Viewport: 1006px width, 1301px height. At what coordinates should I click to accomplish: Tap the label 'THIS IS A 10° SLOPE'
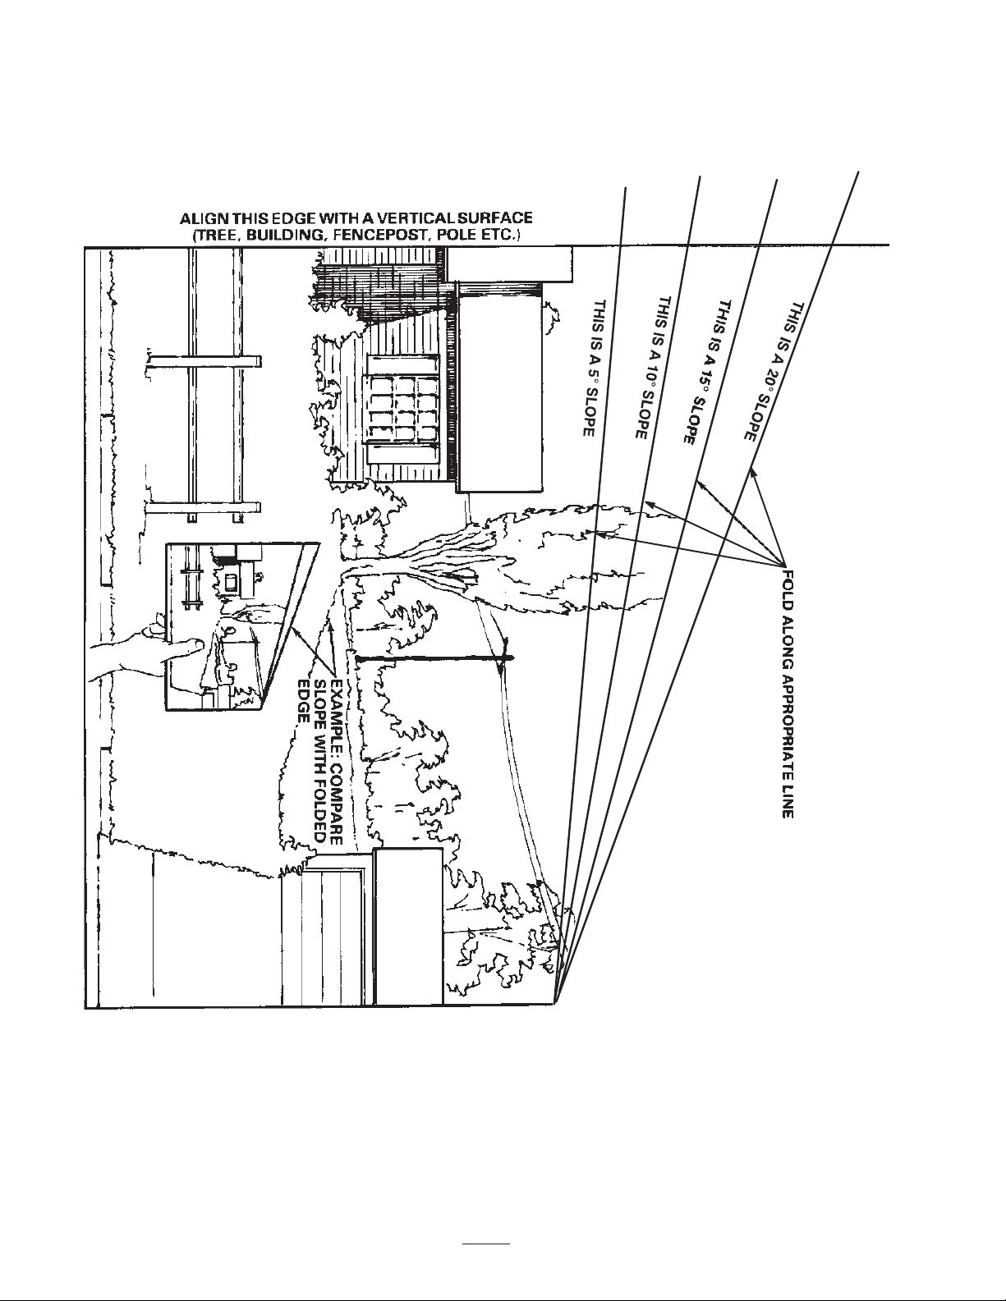click(650, 369)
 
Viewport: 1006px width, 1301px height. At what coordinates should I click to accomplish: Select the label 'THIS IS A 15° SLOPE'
click(701, 372)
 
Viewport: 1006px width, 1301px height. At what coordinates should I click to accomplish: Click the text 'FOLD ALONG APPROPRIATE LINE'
click(788, 694)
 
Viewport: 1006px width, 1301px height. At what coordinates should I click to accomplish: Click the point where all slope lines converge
click(557, 1002)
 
